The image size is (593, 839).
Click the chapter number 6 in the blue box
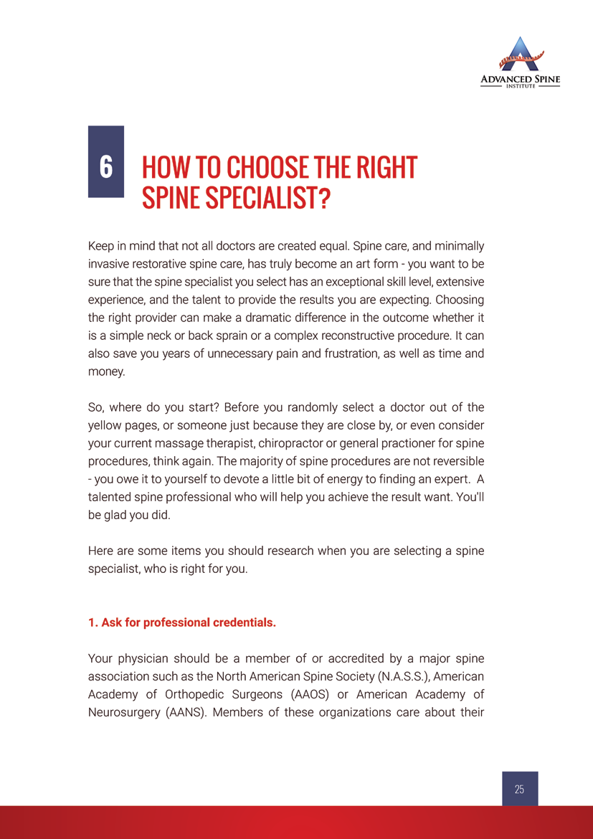click(x=105, y=166)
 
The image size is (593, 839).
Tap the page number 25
click(x=519, y=789)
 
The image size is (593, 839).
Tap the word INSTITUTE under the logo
click(x=520, y=86)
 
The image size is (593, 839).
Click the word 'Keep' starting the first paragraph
click(x=101, y=246)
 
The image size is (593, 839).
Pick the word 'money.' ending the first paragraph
click(x=106, y=371)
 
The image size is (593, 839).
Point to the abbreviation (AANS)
click(x=194, y=711)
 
